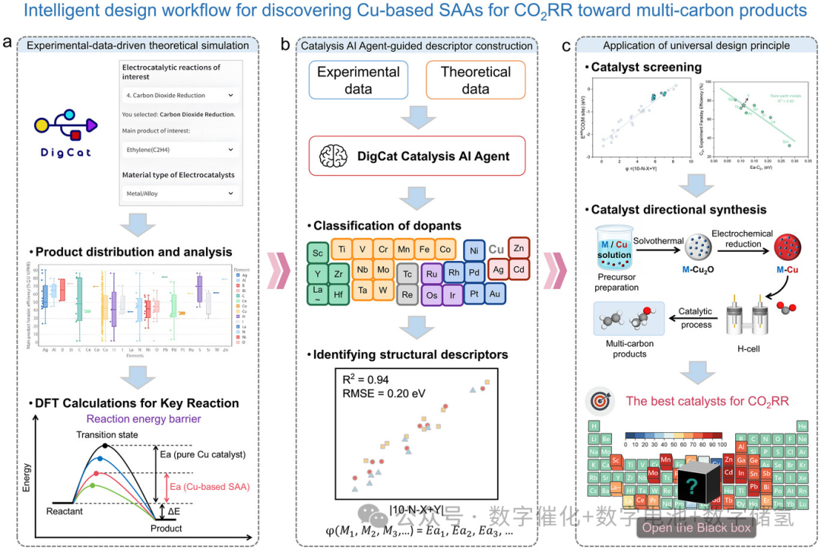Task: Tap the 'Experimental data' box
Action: (358, 81)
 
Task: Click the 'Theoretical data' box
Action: (475, 81)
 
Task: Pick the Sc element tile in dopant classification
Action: (317, 253)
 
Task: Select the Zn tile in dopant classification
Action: (518, 248)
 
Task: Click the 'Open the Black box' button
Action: (696, 527)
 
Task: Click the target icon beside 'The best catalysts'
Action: (601, 400)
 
